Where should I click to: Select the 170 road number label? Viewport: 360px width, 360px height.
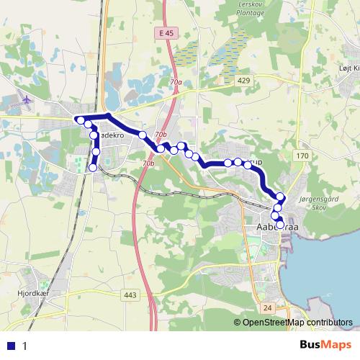coord(302,156)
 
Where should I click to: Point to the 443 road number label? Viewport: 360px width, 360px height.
coord(130,294)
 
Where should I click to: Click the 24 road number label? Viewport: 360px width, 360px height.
coord(268,307)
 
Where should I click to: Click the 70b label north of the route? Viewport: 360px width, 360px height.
coord(161,135)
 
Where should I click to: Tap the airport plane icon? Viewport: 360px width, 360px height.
coord(27,99)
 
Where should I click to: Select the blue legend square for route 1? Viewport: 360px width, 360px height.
coord(11,345)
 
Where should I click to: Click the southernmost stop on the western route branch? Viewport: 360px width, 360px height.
coord(92,168)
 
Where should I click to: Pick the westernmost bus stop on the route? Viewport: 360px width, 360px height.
coord(81,120)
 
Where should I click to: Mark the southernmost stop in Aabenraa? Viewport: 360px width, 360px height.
coord(279,225)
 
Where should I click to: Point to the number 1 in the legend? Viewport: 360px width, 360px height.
coord(24,346)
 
